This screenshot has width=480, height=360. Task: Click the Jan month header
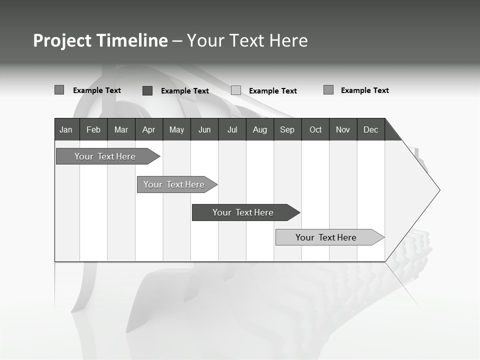coord(66,129)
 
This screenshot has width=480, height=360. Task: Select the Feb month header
coord(93,129)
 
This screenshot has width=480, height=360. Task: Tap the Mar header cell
coord(121,129)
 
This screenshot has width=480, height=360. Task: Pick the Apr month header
coord(148,129)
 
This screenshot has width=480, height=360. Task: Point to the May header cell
coord(176,129)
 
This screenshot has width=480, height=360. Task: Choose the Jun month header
coord(204,129)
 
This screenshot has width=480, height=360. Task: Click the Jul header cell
coord(232,129)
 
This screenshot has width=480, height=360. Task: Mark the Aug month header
coord(260,129)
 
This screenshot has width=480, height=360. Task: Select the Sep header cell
coord(287,129)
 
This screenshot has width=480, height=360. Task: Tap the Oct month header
coord(315,129)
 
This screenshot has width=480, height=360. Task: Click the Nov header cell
coord(343,129)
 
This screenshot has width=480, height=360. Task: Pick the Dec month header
coord(371,129)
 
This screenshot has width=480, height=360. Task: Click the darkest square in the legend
coord(147,90)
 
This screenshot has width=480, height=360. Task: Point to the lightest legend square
coord(236,90)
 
